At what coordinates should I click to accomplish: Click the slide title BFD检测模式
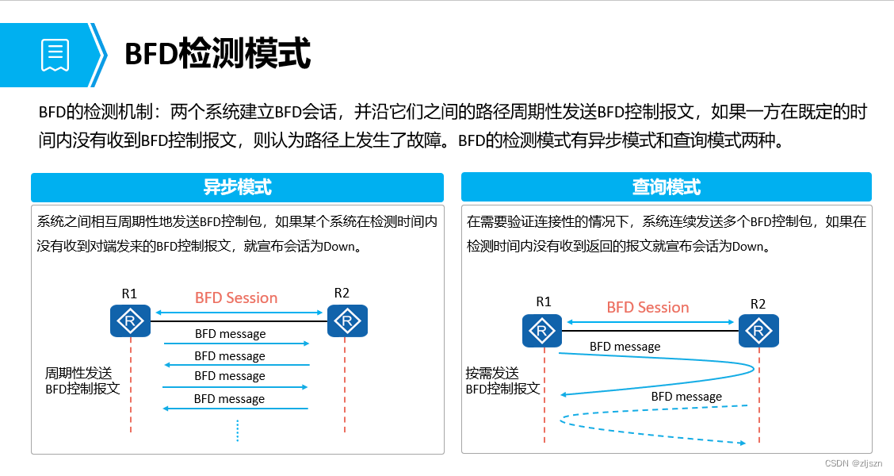tap(217, 54)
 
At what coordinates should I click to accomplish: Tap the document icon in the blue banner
tap(55, 55)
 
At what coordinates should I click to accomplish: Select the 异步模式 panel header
tap(237, 187)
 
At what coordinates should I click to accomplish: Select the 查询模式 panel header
tap(666, 187)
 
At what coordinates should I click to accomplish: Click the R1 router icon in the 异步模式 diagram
tap(130, 321)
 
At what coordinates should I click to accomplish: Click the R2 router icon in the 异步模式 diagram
tap(345, 321)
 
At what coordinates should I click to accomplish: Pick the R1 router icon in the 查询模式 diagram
tap(542, 330)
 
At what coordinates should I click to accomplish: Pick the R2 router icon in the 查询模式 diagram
tap(758, 330)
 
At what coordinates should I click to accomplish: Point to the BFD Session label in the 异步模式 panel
tap(236, 298)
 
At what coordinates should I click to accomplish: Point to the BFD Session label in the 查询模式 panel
tap(648, 308)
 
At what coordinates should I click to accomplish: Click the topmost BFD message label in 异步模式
tap(230, 334)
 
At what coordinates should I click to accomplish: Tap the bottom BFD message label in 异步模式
tap(229, 399)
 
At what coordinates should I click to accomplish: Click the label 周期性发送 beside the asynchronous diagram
tap(78, 373)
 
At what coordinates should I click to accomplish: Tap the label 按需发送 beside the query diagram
tap(492, 373)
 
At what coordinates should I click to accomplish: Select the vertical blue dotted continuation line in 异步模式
tap(237, 429)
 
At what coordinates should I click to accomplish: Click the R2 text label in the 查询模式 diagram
tap(758, 304)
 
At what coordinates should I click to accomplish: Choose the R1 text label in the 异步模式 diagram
tap(129, 294)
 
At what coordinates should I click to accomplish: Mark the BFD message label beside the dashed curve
tap(686, 397)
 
